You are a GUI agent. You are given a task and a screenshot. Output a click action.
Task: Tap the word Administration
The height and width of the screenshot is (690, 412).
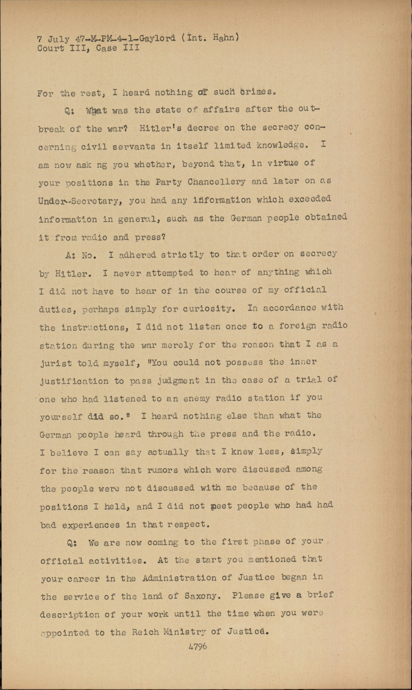(179, 578)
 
